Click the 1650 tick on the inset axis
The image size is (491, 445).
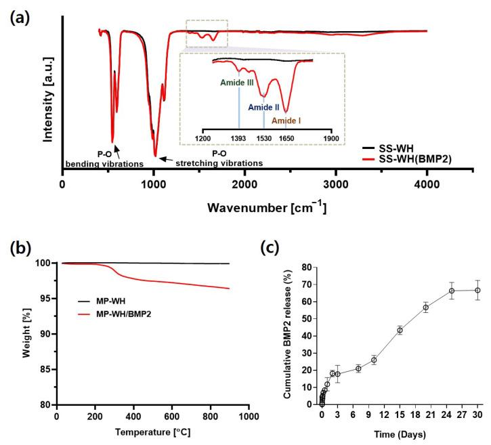click(x=286, y=138)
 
